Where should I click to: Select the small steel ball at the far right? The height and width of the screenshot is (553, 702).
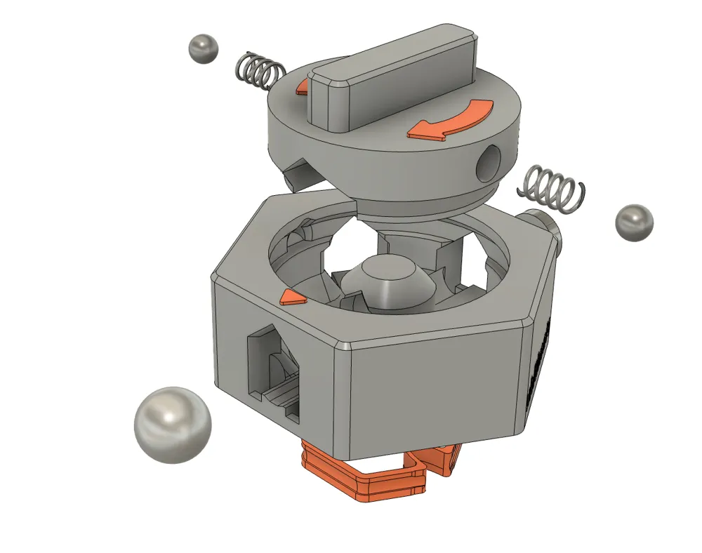pos(634,223)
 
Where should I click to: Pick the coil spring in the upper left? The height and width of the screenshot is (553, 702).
pos(258,71)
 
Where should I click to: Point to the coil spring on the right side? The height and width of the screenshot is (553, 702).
pos(550,187)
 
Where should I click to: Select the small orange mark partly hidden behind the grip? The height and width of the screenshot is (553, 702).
pos(303,87)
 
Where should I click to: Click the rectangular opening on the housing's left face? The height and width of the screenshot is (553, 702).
pos(274,372)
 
